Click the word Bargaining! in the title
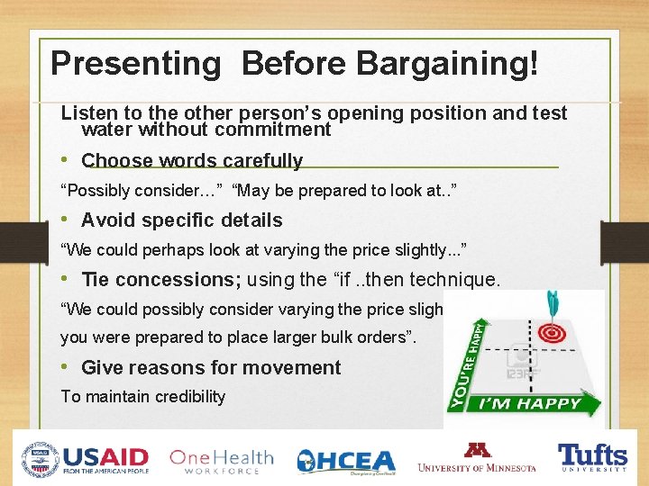(448, 64)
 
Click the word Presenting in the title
(135, 64)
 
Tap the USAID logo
(87, 459)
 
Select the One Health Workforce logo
(221, 460)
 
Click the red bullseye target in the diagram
(551, 334)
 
